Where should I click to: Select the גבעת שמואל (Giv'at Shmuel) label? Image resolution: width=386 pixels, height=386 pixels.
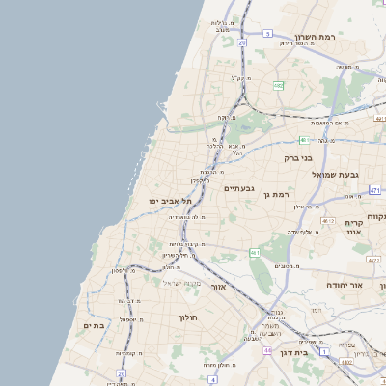click(336, 175)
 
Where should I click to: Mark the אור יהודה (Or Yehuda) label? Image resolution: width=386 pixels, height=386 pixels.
click(343, 286)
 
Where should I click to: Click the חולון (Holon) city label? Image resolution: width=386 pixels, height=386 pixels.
click(187, 317)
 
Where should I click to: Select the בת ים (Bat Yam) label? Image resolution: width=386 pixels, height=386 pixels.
click(94, 326)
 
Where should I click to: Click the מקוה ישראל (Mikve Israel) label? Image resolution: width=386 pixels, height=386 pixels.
click(179, 282)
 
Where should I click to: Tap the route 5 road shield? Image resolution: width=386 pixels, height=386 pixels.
click(267, 34)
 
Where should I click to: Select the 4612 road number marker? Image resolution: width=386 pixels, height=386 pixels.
click(330, 221)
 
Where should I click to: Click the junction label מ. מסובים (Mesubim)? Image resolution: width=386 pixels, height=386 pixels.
click(284, 265)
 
